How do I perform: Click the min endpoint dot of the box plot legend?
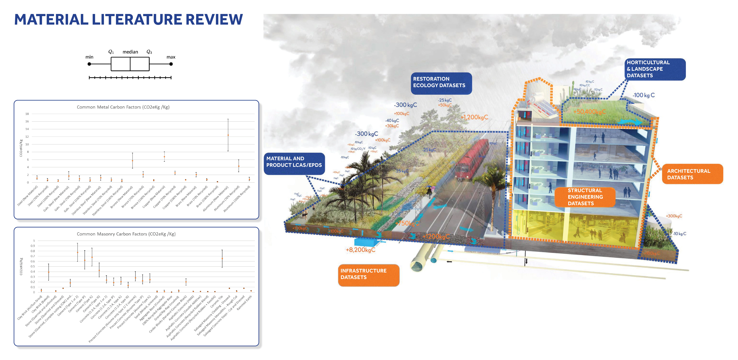click(x=89, y=64)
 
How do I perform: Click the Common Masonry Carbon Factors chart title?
click(x=126, y=234)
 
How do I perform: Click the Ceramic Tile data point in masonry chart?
click(x=222, y=259)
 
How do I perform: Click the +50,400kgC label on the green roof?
click(x=589, y=112)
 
